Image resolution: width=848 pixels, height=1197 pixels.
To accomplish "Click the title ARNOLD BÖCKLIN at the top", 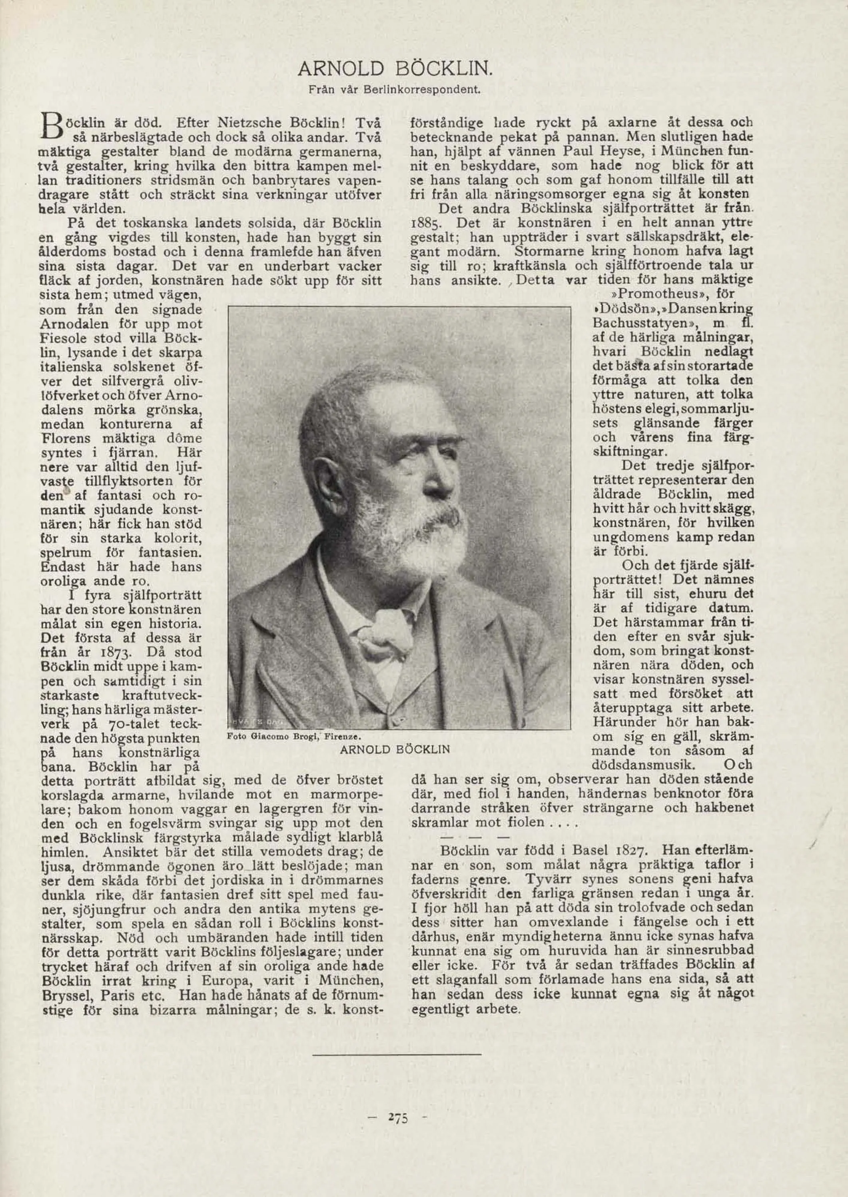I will pos(394,68).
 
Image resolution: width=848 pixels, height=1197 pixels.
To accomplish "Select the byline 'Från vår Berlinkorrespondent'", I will pos(394,90).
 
